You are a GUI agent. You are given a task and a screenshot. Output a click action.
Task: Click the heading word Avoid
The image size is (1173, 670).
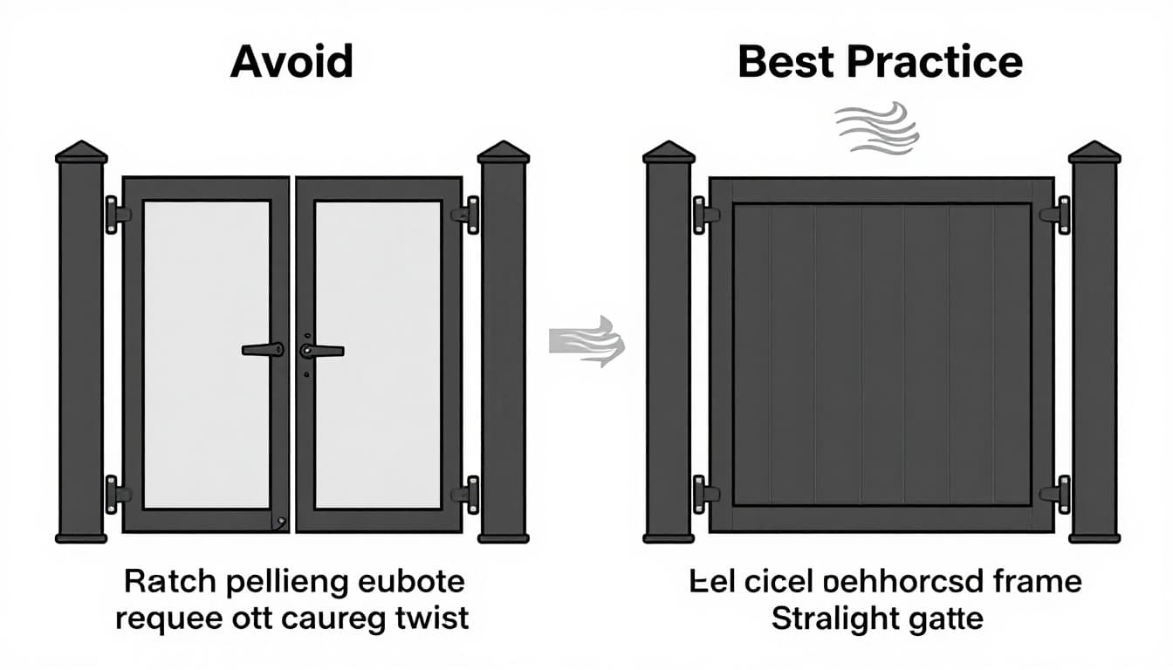[292, 63]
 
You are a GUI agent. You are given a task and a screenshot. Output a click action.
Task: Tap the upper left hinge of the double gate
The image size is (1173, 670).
[115, 215]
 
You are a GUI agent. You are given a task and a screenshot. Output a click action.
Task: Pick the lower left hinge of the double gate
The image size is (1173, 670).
[115, 494]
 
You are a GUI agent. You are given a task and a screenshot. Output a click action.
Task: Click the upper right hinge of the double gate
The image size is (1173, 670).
[468, 215]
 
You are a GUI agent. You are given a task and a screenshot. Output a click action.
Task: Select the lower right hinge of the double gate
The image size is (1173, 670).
[468, 494]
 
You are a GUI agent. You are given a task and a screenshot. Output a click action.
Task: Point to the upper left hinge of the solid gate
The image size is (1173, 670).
[703, 215]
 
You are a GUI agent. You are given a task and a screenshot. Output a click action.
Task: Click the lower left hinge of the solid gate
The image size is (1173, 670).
[703, 494]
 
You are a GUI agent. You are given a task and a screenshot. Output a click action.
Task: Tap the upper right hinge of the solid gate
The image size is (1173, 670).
[1058, 215]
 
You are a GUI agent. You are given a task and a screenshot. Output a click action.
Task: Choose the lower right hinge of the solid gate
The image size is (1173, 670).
[1058, 494]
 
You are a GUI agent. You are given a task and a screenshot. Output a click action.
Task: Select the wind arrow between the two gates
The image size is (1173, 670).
[586, 341]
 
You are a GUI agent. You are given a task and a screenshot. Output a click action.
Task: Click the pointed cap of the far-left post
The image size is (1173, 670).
[81, 152]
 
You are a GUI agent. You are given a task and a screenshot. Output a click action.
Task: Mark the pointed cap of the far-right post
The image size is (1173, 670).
[1094, 152]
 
